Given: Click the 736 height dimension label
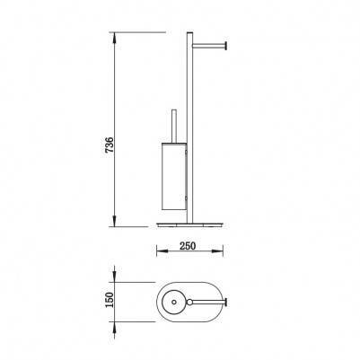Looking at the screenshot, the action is coord(110,145).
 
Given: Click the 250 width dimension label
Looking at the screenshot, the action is coord(188,246).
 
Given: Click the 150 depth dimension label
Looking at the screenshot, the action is coord(110,300).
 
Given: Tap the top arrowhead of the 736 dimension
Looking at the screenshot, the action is coord(115,39).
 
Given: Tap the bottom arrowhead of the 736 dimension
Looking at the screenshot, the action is coord(115,220).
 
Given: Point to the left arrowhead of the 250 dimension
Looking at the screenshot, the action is coord(163,251).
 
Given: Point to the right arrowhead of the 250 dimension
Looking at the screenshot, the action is coord(216,251).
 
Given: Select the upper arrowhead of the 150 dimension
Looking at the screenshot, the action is coord(115,276).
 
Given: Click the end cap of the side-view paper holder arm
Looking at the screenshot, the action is coord(226,45).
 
